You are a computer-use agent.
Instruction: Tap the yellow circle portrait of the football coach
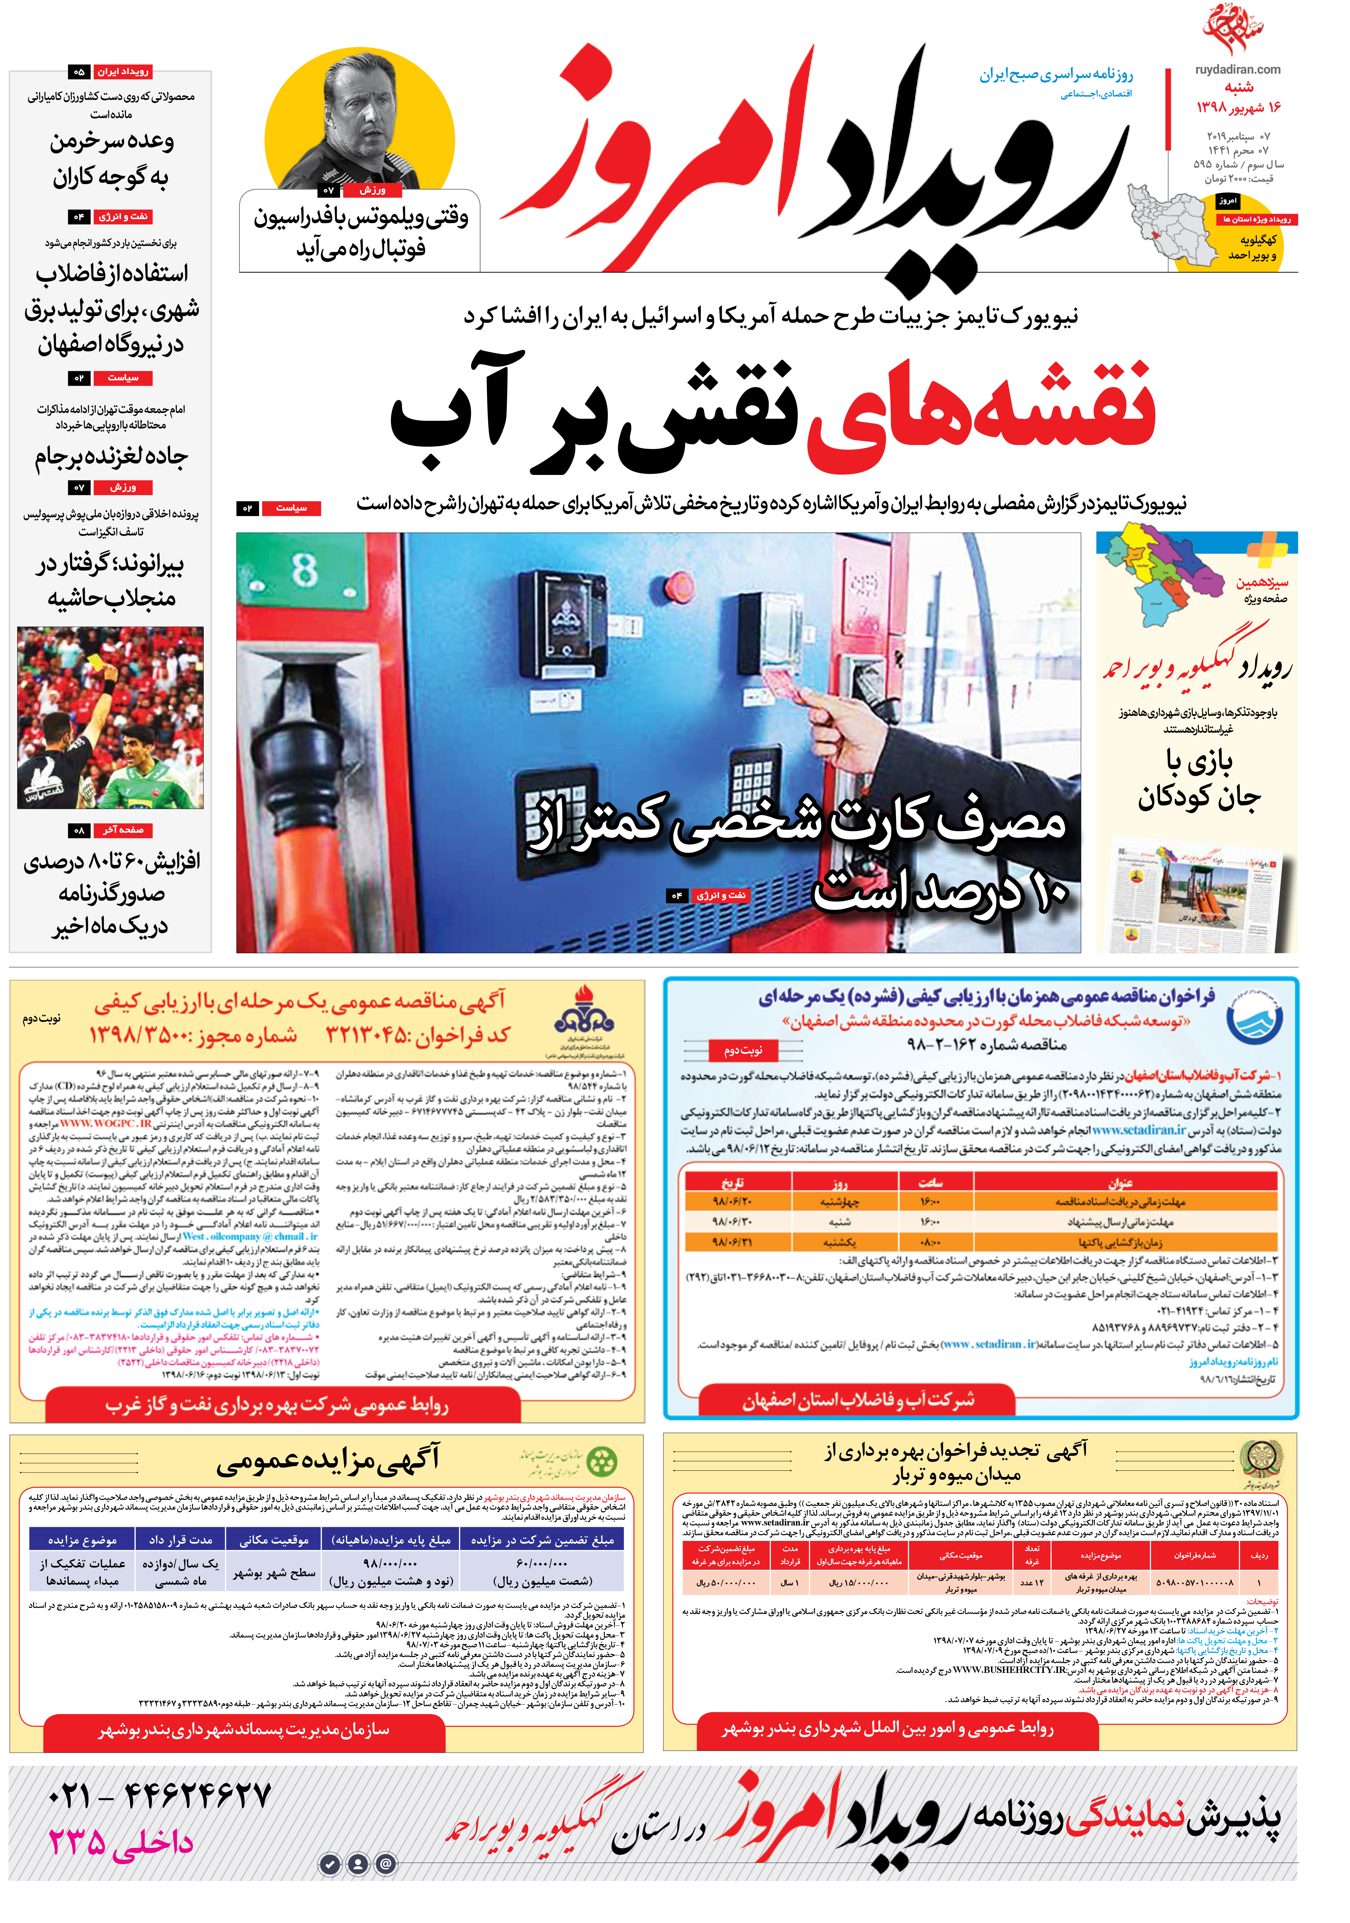tap(360, 122)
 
